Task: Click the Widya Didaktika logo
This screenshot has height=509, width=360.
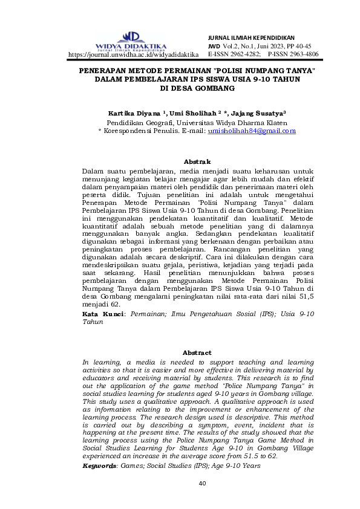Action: click(131, 41)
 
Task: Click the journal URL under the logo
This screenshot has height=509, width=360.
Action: click(134, 54)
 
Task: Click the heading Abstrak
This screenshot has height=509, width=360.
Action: click(197, 161)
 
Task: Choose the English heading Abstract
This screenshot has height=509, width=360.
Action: click(197, 352)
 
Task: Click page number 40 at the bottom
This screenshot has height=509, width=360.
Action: click(203, 484)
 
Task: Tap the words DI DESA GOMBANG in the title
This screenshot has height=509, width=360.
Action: click(197, 88)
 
